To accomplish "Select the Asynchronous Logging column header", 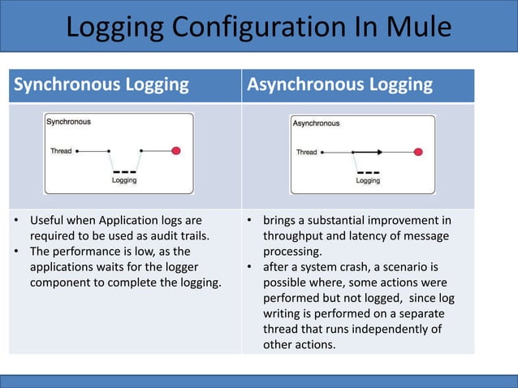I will coord(339,84).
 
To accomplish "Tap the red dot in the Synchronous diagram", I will coord(175,151).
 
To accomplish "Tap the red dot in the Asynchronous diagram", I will coord(418,152).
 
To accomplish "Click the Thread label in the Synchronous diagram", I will coord(61,151).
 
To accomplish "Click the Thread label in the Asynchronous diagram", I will coord(306,152).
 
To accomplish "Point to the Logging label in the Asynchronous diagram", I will coord(368,181).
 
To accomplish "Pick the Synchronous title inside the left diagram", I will coord(68,122).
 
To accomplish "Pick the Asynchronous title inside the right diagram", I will coord(316,123).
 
